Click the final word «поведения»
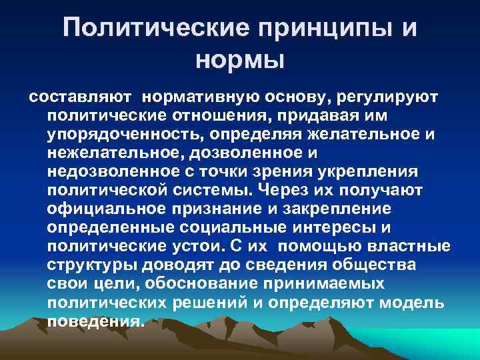click(x=95, y=321)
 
